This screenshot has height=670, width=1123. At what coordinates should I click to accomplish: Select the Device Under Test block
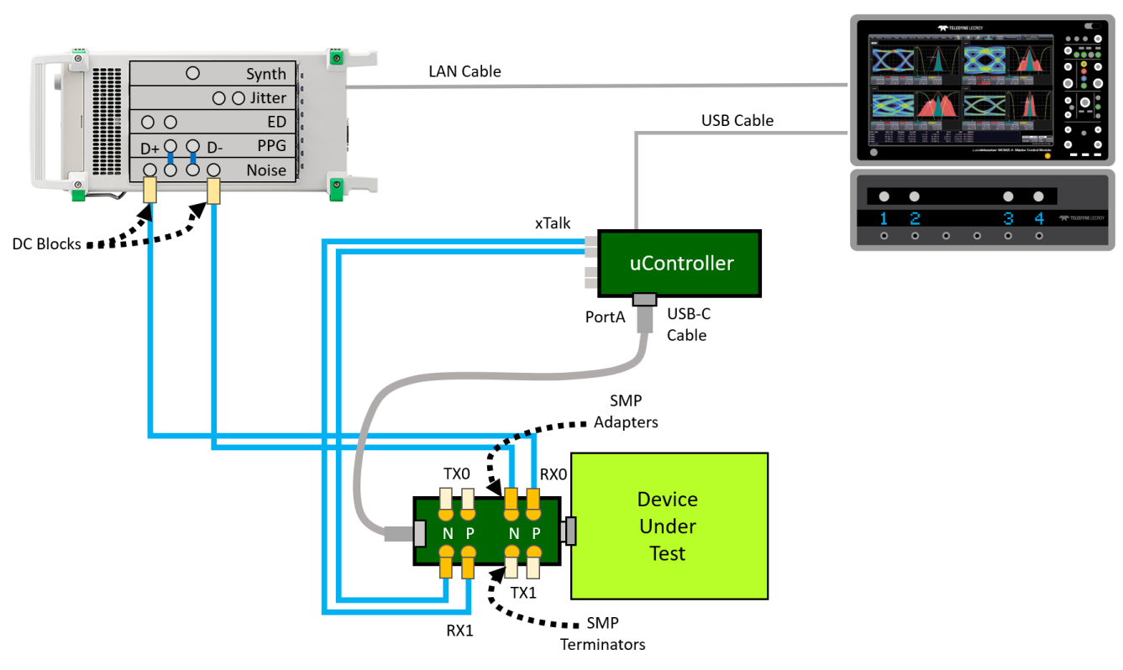point(669,526)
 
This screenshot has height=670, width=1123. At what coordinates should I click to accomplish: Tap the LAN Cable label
point(464,72)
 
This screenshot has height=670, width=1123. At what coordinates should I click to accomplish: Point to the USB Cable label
point(737,121)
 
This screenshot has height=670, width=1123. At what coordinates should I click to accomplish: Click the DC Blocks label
point(47,244)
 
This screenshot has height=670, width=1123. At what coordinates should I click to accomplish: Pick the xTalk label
point(553,223)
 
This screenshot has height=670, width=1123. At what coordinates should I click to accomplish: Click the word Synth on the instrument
point(266,74)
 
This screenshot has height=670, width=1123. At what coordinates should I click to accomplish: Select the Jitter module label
point(268,98)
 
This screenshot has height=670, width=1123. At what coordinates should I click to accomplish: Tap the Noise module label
point(266,170)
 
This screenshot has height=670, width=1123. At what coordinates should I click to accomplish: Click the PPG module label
point(271,146)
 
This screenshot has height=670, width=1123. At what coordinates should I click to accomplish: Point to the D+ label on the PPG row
point(150,149)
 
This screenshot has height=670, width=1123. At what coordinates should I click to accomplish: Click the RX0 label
point(554,474)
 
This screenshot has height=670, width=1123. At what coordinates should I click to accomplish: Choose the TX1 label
point(524,592)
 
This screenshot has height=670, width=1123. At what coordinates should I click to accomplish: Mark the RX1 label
point(459,630)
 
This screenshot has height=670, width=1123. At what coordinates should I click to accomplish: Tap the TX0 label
point(457,474)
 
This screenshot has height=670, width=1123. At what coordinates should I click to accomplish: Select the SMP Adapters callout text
point(626,411)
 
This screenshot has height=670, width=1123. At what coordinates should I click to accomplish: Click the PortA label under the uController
point(605,318)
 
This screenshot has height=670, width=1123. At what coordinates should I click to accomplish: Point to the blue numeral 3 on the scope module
point(1008,220)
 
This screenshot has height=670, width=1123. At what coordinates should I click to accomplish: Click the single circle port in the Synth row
point(192,73)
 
